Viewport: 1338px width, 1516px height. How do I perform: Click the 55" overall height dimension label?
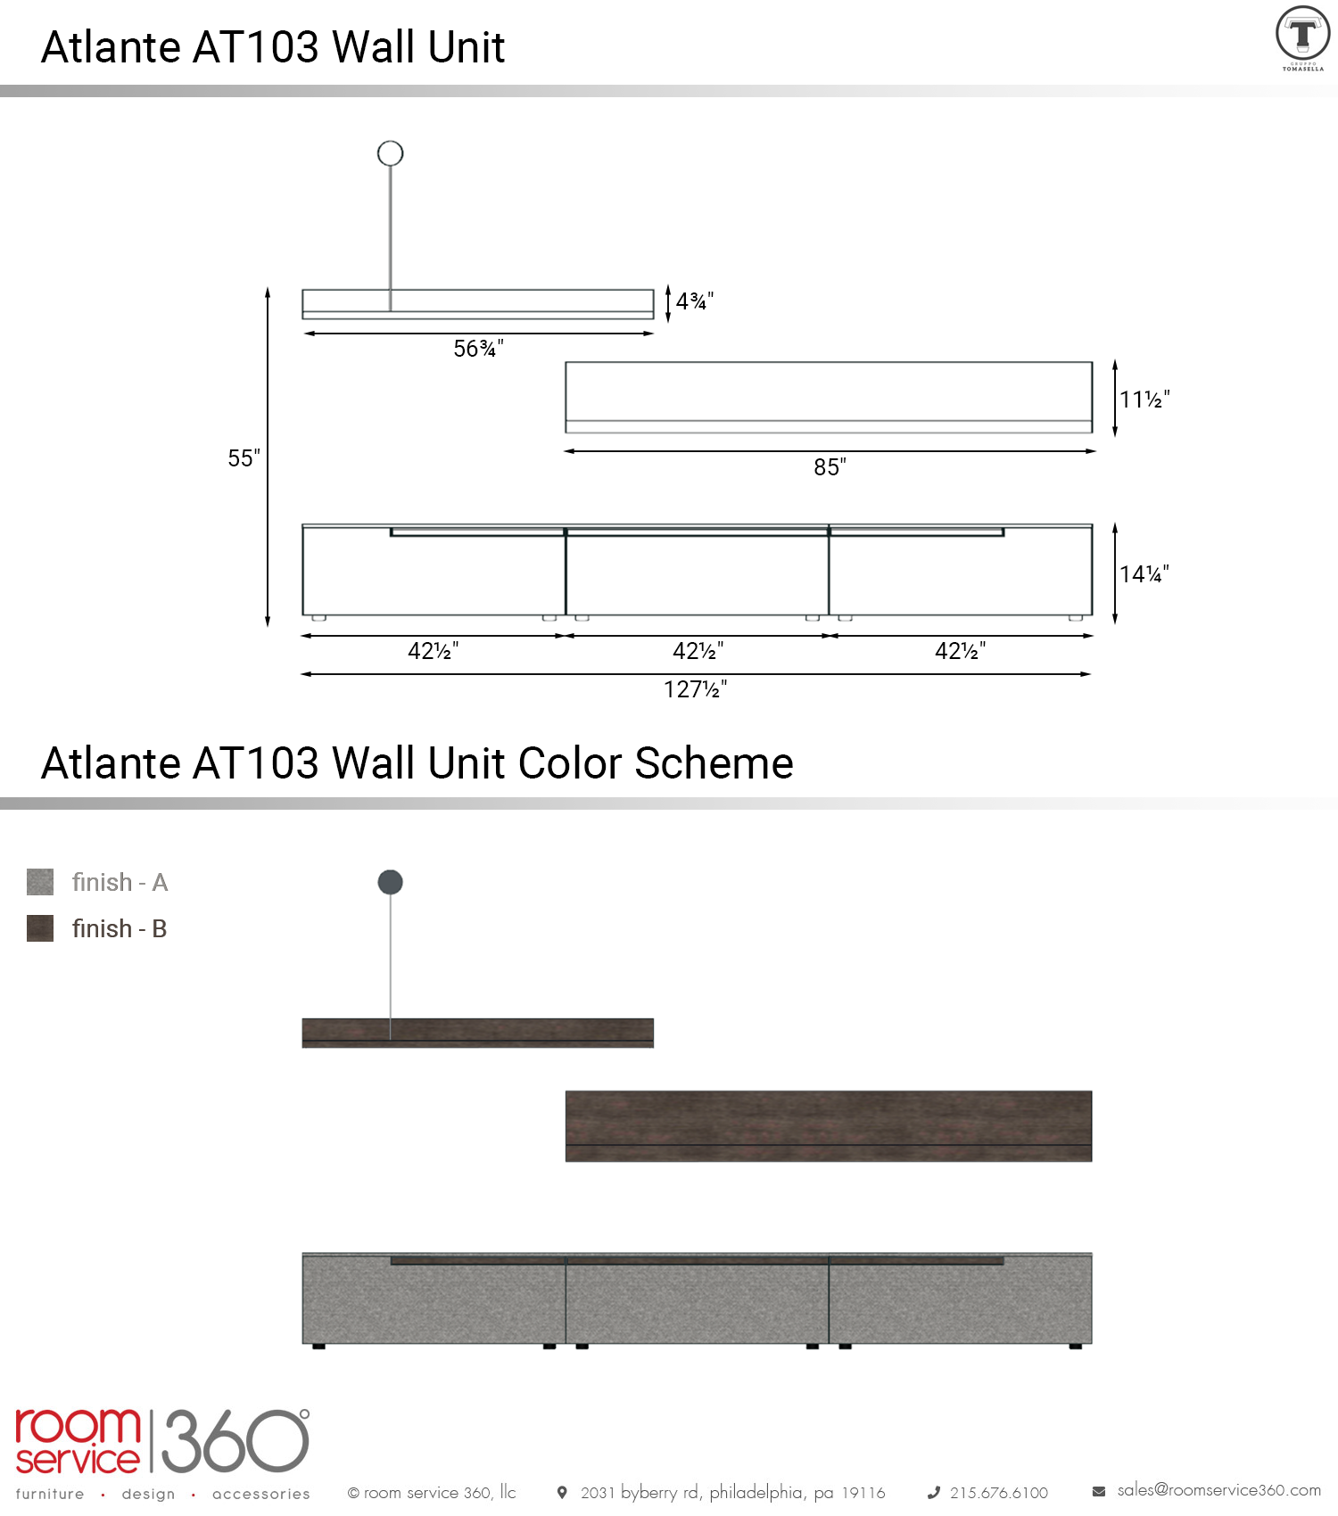click(x=244, y=458)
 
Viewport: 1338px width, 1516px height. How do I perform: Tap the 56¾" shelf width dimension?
click(x=478, y=349)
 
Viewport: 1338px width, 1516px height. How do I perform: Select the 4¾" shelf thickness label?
click(x=695, y=301)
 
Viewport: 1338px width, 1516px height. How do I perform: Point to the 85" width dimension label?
click(x=830, y=467)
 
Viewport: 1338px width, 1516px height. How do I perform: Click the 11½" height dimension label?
click(x=1144, y=400)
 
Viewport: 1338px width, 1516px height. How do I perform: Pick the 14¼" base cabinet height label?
click(x=1144, y=574)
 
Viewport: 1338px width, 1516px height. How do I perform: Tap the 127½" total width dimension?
click(x=695, y=689)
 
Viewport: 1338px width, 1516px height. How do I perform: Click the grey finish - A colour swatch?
click(x=40, y=882)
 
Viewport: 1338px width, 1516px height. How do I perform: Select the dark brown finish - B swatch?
click(x=40, y=928)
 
